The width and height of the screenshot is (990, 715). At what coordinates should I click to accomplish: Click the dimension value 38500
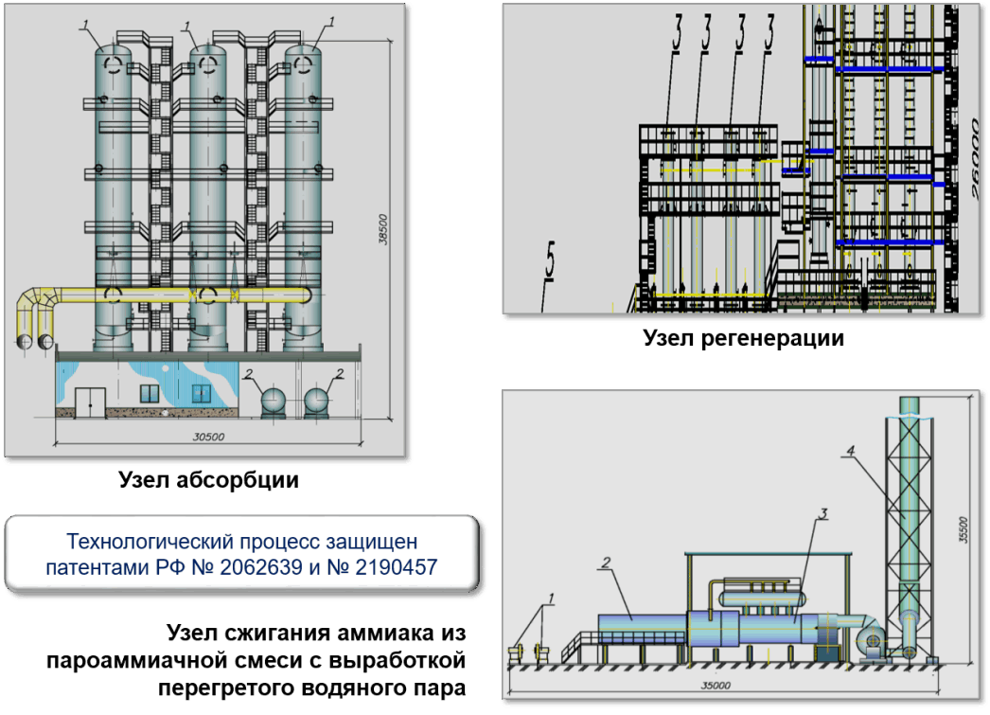(x=382, y=229)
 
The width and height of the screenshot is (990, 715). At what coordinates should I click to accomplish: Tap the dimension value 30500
(x=208, y=437)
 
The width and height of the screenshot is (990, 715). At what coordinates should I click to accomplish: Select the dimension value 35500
(x=963, y=529)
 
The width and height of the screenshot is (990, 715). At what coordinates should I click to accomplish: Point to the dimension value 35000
(x=716, y=686)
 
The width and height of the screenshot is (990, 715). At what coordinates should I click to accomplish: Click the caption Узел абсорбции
(x=208, y=480)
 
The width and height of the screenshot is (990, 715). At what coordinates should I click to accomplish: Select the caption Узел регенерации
(x=743, y=338)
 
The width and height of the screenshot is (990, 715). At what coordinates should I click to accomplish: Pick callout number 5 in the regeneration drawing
(x=551, y=259)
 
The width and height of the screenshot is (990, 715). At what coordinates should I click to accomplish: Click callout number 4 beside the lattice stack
(x=851, y=451)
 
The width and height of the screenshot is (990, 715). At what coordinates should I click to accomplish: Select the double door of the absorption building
(x=90, y=402)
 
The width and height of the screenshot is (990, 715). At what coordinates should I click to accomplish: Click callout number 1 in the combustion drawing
(x=551, y=599)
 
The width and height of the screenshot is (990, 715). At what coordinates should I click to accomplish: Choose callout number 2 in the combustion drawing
(x=606, y=563)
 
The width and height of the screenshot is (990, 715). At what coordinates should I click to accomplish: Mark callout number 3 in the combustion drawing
(x=823, y=513)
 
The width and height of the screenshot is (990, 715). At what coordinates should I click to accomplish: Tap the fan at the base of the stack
(x=874, y=640)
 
